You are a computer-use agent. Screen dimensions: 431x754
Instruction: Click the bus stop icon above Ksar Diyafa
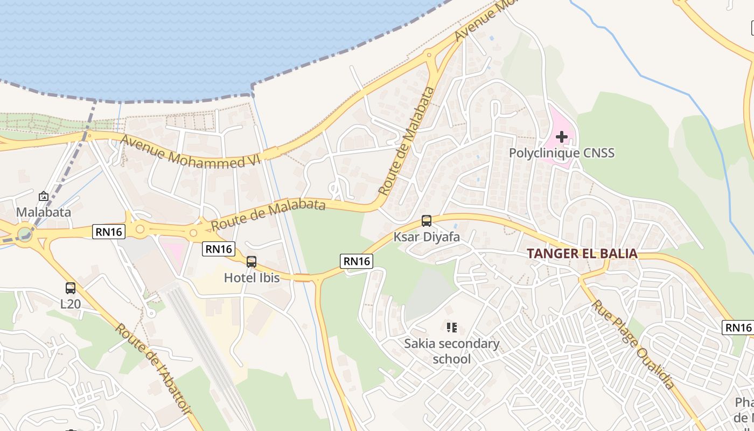tap(427, 221)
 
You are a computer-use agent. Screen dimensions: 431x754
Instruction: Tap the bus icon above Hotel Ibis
tap(252, 262)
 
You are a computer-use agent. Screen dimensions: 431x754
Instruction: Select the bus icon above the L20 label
tap(71, 288)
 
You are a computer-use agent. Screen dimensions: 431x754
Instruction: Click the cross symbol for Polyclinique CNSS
tap(562, 137)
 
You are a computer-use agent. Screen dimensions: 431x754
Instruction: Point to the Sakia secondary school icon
tap(452, 327)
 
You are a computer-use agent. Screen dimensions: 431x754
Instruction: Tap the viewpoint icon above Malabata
tap(44, 196)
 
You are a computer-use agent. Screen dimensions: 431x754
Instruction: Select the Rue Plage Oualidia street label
tap(633, 345)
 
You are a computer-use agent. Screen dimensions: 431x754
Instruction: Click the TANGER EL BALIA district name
tap(582, 253)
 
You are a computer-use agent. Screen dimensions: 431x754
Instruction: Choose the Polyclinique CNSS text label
tap(562, 153)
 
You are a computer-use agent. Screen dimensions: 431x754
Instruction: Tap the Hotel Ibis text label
tap(252, 278)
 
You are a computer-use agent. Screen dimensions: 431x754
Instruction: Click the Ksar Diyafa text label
tap(427, 237)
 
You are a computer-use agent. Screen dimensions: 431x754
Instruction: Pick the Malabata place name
tap(44, 212)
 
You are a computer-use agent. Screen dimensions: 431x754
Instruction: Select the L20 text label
tap(71, 304)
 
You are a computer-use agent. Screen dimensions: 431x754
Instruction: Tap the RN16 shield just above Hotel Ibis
tap(219, 249)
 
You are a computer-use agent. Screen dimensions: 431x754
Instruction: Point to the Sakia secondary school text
tap(452, 351)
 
